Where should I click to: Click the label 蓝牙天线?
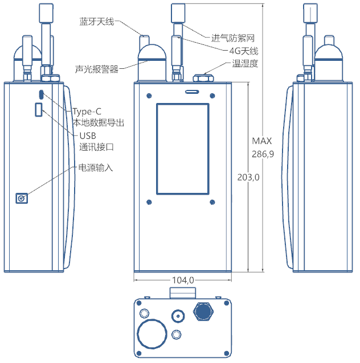pyautogui.click(x=97, y=22)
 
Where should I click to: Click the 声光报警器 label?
pyautogui.click(x=97, y=69)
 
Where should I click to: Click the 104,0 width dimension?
pyautogui.click(x=183, y=280)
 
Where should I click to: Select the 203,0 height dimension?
pyautogui.click(x=248, y=178)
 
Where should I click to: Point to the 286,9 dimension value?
pyautogui.click(x=263, y=154)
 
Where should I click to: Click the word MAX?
pyautogui.click(x=262, y=141)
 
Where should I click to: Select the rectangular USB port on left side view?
pyautogui.click(x=39, y=109)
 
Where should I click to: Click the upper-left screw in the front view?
pyautogui.click(x=149, y=95)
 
